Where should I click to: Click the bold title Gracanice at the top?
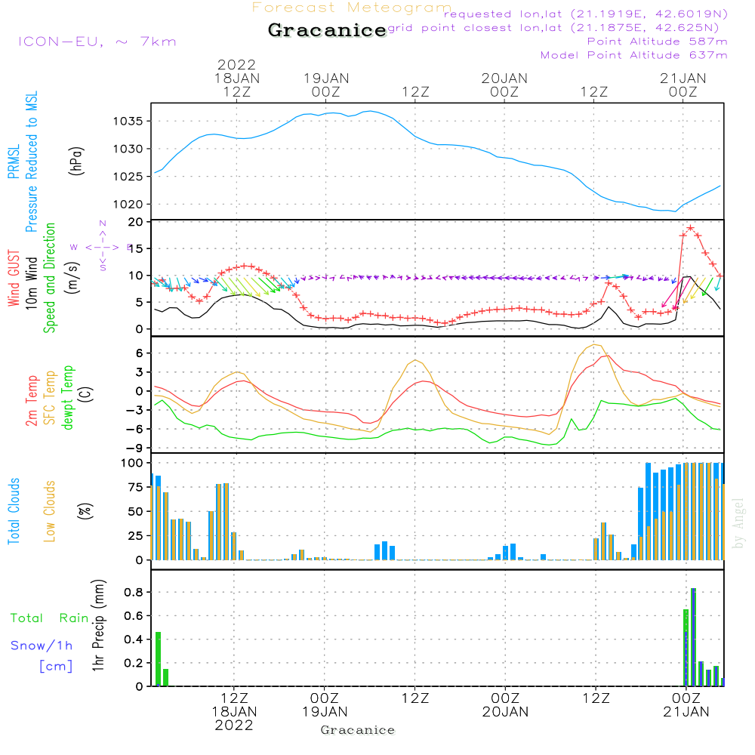pos(326,31)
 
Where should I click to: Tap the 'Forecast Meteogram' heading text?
pos(352,8)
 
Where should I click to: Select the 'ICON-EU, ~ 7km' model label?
pos(97,42)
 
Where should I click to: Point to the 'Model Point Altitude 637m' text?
pos(634,55)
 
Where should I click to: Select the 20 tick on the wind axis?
pos(137,222)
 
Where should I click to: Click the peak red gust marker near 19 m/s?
pos(690,228)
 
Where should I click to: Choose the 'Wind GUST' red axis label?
pos(14,279)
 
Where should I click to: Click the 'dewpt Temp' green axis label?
pos(69,398)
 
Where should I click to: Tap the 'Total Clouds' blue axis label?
pos(14,511)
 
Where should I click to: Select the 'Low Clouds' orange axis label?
pos(50,511)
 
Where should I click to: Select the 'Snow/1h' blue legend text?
pos(42,646)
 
